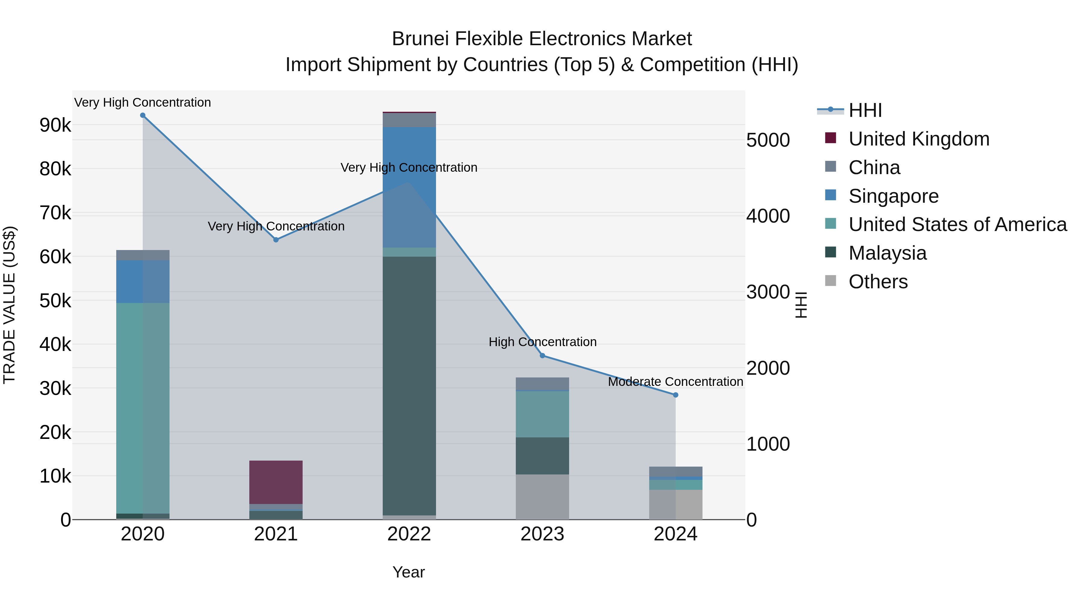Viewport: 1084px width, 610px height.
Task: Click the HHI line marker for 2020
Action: click(143, 115)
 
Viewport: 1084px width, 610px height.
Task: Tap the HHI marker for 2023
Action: click(542, 356)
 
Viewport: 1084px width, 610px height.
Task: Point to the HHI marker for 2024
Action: click(676, 395)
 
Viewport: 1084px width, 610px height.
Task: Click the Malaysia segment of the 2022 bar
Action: click(409, 385)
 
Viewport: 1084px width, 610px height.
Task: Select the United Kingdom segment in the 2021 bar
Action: click(276, 482)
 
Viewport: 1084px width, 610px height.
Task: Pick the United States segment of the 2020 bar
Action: click(143, 408)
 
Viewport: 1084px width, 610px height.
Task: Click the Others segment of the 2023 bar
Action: click(542, 497)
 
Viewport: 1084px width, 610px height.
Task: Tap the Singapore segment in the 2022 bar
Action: click(409, 187)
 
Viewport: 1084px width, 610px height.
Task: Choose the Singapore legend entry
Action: click(893, 196)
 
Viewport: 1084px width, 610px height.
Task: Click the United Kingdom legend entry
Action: click(919, 139)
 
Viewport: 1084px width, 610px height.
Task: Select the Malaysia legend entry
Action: click(887, 253)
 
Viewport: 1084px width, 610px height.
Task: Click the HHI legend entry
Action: click(865, 110)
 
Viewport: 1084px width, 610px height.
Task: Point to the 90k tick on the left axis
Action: click(55, 125)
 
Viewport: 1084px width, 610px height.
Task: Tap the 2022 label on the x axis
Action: click(409, 534)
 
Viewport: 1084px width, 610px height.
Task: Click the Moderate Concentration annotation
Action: click(675, 382)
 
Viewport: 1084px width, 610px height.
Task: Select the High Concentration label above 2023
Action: click(542, 342)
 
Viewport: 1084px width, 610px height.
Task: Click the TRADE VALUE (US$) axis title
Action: click(9, 305)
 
